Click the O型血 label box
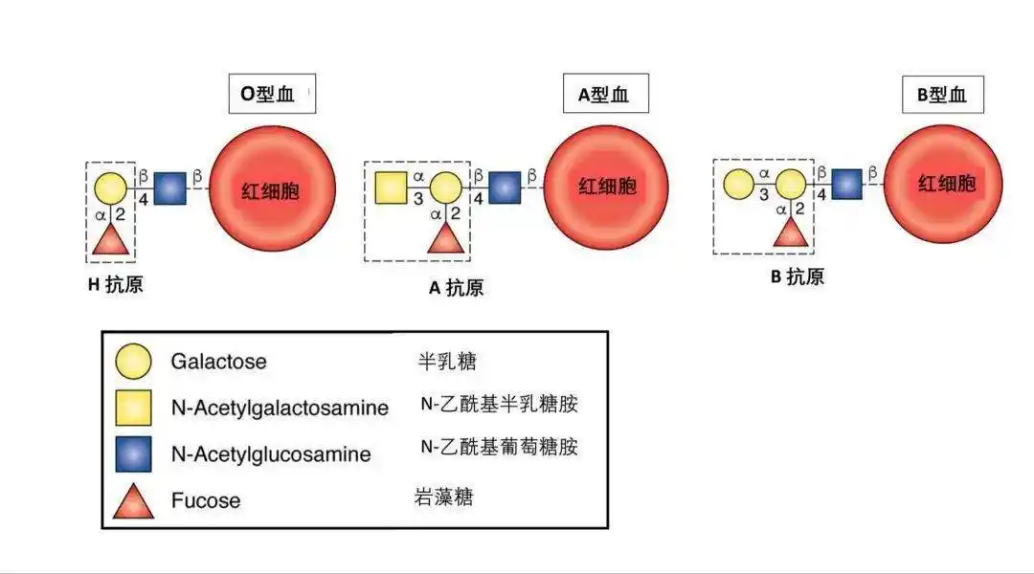(272, 95)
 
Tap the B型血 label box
(942, 95)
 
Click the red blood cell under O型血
(272, 189)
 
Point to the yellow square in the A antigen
(392, 188)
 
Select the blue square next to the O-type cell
(170, 188)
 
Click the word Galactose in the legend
(218, 362)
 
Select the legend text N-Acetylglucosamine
(271, 454)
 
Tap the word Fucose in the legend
(205, 500)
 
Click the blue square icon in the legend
(133, 453)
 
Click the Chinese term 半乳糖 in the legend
(447, 361)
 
